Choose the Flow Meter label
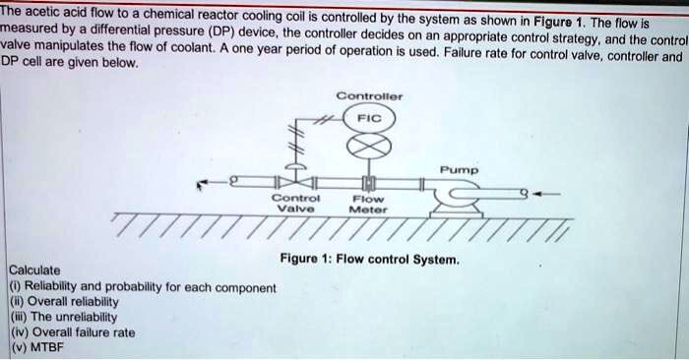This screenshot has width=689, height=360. pos(370,203)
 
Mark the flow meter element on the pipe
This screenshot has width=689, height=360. pos(370,184)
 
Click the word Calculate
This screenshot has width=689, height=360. pos(34,270)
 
